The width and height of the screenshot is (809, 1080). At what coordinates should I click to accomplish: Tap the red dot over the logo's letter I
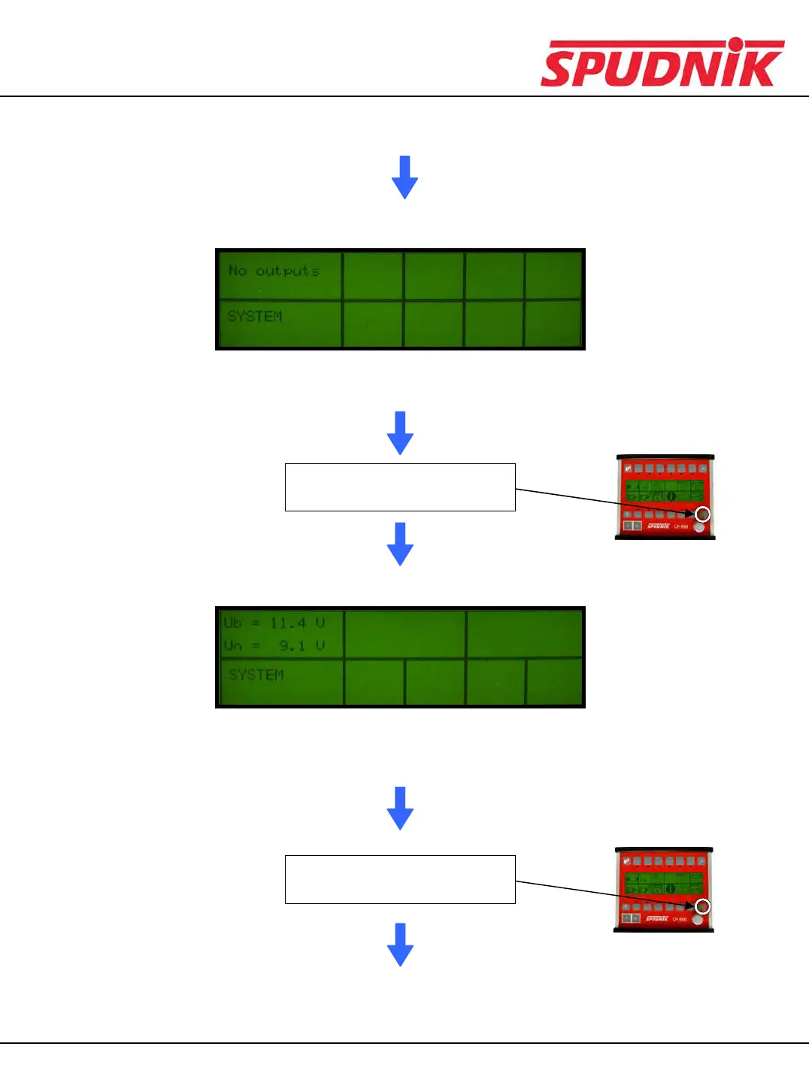(735, 44)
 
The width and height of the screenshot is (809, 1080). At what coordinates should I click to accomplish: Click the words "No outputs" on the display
(274, 271)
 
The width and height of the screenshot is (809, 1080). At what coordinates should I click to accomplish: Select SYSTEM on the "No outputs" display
(255, 317)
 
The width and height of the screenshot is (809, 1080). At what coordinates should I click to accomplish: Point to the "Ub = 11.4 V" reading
(274, 623)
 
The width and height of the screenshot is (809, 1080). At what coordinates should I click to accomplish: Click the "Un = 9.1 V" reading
(274, 646)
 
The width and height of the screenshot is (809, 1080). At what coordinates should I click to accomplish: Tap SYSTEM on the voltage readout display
(256, 675)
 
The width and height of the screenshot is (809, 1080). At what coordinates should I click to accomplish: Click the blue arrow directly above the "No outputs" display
(404, 177)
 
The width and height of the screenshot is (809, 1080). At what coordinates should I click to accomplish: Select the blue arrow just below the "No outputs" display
(400, 432)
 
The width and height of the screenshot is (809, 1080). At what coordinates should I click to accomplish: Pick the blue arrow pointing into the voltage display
(400, 544)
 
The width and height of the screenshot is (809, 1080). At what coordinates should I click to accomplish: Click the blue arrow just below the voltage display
(400, 808)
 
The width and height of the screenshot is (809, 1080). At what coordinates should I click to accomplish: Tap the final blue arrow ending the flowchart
(400, 944)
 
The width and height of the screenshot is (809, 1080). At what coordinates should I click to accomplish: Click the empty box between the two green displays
(400, 487)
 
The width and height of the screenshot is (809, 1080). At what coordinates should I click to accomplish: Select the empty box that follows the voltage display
(400, 879)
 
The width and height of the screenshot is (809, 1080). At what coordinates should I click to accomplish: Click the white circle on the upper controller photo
(702, 514)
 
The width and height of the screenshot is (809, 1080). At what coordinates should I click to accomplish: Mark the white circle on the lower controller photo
(701, 906)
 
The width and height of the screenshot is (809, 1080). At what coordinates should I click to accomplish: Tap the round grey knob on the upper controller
(699, 527)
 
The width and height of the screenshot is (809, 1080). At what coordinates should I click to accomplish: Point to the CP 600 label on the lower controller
(679, 919)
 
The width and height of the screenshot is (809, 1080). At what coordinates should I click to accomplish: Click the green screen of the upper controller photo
(665, 490)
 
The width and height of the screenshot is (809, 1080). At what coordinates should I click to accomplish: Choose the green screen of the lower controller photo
(663, 883)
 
